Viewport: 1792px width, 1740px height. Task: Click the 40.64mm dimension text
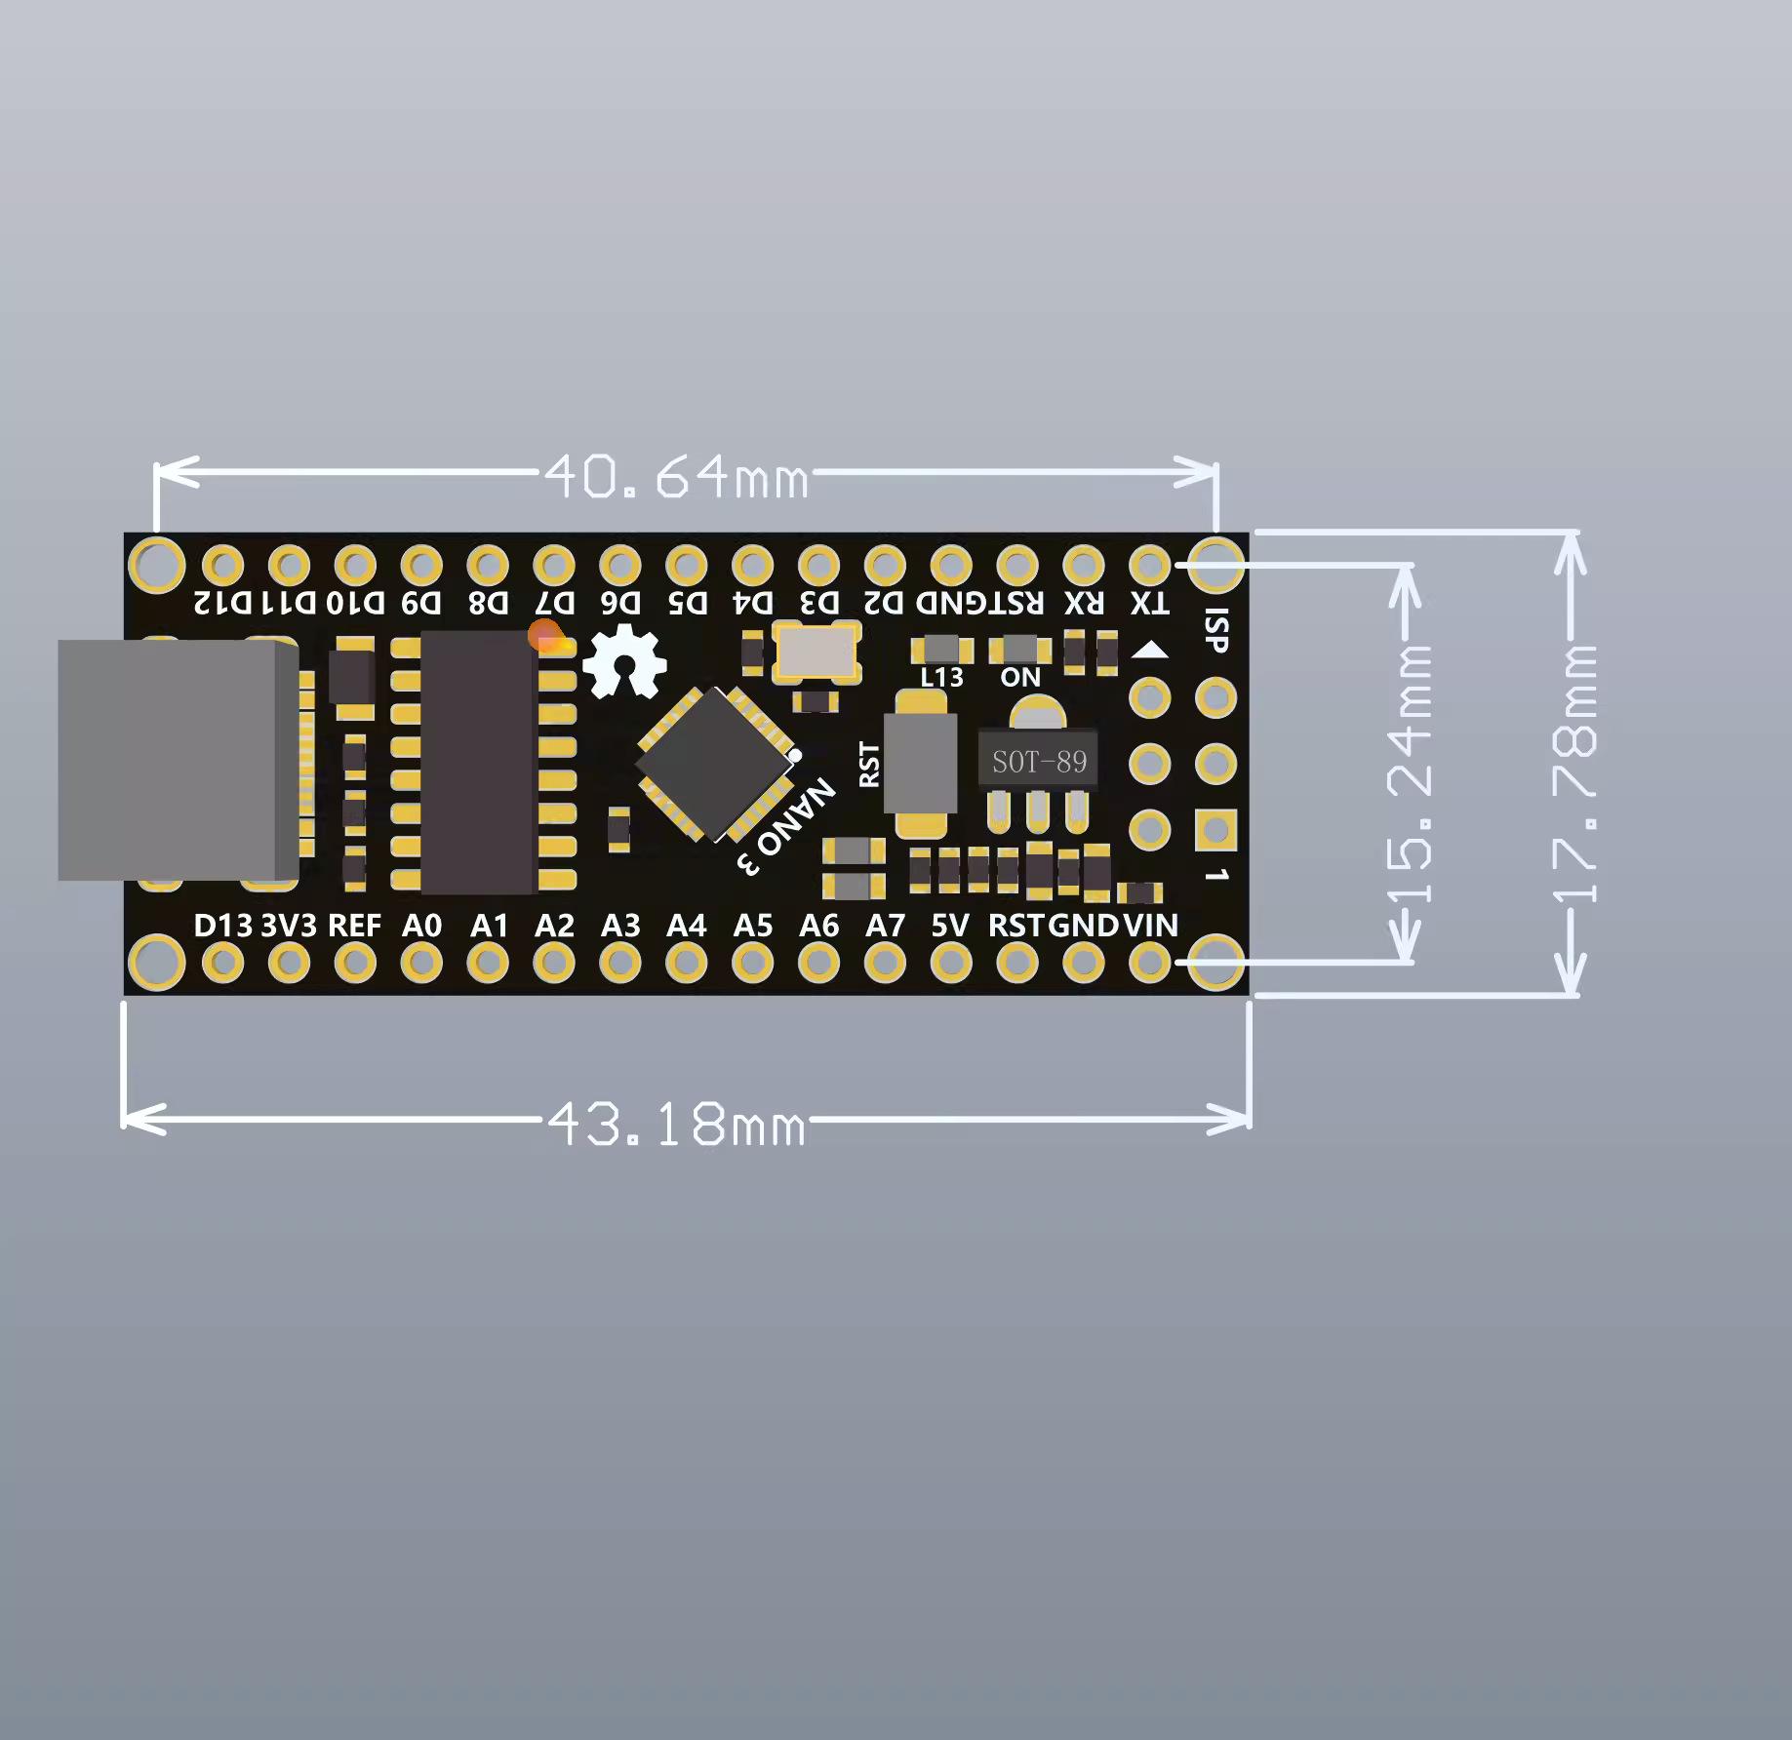click(676, 477)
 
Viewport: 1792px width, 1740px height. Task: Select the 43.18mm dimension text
click(676, 1124)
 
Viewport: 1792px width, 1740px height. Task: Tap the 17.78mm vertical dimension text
click(1575, 773)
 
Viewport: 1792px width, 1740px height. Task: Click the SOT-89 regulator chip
click(1039, 761)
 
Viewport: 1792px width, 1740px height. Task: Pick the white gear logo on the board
click(624, 661)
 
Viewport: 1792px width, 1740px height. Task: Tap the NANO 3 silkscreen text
click(786, 826)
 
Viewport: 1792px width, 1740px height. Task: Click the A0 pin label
click(421, 925)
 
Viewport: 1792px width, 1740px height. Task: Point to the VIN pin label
click(1151, 925)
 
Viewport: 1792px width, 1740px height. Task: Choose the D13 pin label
click(223, 925)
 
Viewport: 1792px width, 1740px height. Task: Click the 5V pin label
click(950, 925)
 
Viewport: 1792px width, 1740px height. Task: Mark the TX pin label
click(1150, 603)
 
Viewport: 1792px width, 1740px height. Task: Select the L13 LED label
click(941, 677)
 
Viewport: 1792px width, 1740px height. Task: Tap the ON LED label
click(1020, 677)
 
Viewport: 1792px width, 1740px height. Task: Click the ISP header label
click(1217, 631)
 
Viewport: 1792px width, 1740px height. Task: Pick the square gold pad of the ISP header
click(1215, 830)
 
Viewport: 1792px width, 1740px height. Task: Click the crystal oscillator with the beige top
click(816, 652)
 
